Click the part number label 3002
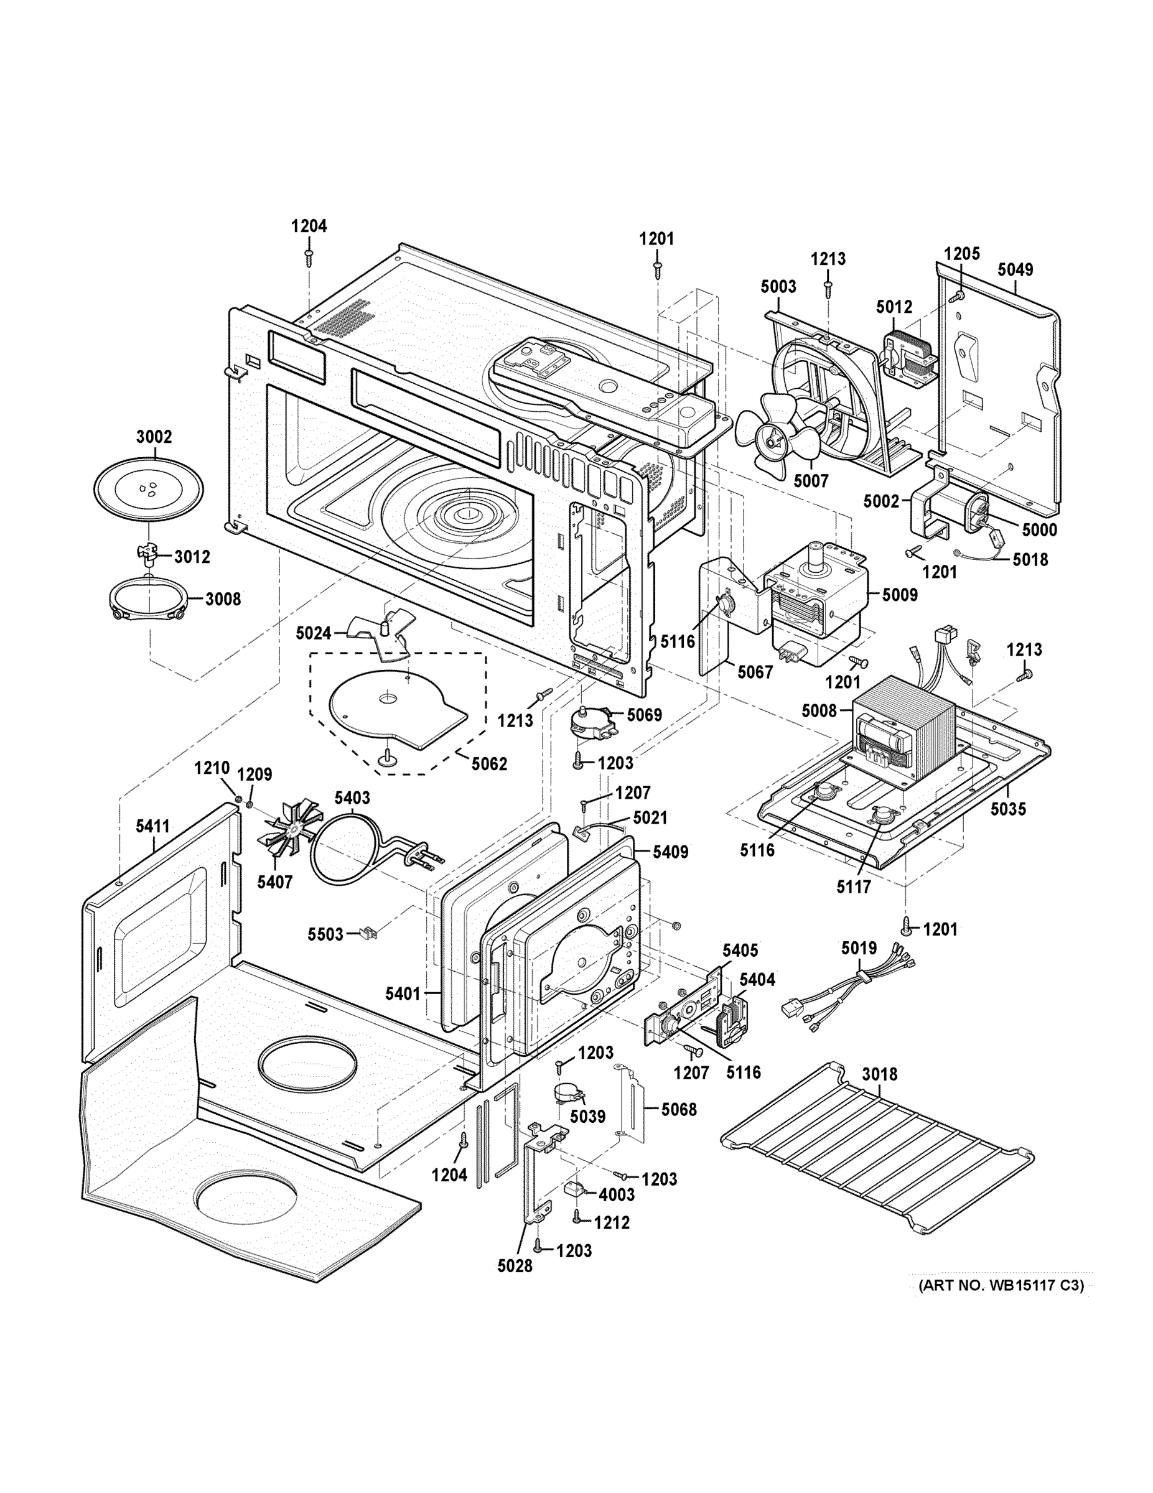(x=154, y=437)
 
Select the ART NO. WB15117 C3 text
(x=1001, y=1286)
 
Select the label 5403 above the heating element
(x=352, y=798)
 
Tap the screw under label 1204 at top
(x=309, y=256)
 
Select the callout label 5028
(x=514, y=1266)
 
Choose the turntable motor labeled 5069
(x=588, y=725)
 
